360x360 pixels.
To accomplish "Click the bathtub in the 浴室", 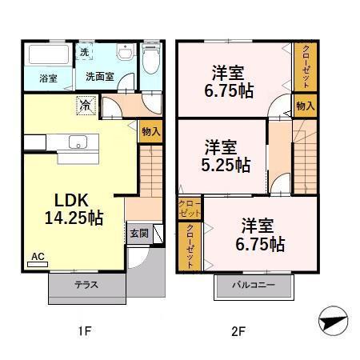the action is click(49, 54).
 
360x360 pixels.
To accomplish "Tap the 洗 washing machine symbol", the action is click(84, 52).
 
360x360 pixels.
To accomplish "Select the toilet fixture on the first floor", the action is click(151, 58).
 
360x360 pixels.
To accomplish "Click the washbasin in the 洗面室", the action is click(125, 52).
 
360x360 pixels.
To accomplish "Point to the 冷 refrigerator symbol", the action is click(86, 106).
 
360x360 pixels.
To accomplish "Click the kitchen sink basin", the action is click(78, 142).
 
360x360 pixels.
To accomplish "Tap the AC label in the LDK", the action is click(38, 257).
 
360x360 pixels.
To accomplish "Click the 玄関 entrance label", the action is click(139, 234).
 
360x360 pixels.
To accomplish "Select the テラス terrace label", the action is click(86, 285).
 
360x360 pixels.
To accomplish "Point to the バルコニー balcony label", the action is click(254, 285).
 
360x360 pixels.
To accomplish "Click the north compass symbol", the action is click(333, 321).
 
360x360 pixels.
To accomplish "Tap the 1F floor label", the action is click(85, 332).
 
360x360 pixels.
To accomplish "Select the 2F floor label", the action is click(238, 332).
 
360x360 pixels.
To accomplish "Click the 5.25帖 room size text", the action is click(226, 165).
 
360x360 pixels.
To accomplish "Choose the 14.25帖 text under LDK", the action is click(74, 218).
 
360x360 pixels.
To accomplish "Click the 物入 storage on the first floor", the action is click(151, 131).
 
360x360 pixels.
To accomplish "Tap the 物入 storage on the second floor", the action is click(306, 106).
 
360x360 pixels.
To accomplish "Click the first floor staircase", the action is click(151, 171).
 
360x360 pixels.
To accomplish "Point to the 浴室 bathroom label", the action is click(48, 78).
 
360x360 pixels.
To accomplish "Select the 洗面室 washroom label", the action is click(100, 77).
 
